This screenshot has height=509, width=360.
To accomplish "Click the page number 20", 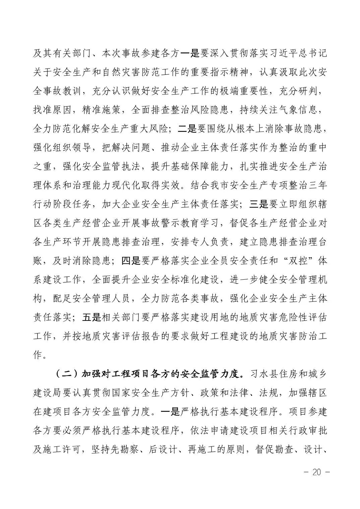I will tap(316, 472).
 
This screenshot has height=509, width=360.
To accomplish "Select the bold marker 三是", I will tap(259, 204).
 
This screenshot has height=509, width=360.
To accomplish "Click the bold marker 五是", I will tap(92, 317).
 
